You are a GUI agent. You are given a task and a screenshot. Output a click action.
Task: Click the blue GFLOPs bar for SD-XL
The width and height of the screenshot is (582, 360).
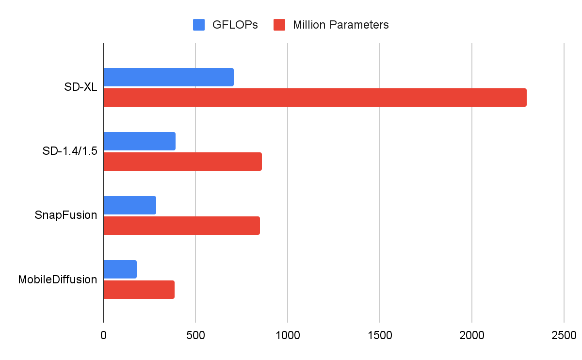[x=168, y=77]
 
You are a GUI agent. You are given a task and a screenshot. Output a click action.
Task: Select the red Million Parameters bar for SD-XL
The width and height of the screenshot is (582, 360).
[x=315, y=98]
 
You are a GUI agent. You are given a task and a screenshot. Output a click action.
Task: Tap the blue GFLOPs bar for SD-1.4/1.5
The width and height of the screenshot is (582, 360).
[x=139, y=141]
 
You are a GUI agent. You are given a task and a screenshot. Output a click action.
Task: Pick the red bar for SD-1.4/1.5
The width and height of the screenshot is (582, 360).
[x=182, y=162]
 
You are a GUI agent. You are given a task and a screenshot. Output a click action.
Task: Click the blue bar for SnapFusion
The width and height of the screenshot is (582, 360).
[x=129, y=205]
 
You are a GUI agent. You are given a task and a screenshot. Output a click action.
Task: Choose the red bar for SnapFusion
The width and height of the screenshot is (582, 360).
[x=181, y=226]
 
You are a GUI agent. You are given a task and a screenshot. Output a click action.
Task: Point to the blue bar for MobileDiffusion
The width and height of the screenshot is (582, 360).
[x=120, y=269]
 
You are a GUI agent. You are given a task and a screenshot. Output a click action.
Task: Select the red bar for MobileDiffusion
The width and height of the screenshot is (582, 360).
[x=139, y=290]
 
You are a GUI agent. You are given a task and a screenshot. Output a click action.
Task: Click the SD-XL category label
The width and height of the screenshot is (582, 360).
[x=81, y=87]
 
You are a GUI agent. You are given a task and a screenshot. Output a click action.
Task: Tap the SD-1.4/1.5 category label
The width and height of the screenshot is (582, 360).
[x=70, y=151]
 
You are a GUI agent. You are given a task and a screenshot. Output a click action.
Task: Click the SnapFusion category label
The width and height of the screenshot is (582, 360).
[x=66, y=215]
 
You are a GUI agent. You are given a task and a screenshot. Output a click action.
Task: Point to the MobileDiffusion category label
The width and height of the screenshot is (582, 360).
[x=58, y=279]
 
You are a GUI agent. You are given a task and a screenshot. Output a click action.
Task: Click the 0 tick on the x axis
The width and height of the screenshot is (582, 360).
[x=103, y=335]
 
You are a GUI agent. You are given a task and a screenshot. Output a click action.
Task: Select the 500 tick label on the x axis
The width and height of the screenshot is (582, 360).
[x=195, y=335]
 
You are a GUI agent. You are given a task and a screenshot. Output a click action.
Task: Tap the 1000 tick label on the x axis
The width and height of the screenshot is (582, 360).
[x=288, y=335]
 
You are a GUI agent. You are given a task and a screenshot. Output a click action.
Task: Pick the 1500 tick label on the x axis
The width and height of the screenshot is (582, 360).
[x=380, y=335]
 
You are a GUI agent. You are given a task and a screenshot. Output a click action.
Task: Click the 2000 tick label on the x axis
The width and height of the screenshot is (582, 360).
[x=472, y=335]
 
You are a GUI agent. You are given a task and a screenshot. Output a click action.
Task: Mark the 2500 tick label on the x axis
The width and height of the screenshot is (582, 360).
[x=564, y=335]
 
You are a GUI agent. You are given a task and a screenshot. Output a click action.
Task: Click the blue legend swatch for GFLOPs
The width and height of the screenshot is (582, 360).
[x=199, y=25]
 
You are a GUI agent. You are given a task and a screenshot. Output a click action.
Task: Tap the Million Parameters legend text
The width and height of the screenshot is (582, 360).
[x=341, y=25]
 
